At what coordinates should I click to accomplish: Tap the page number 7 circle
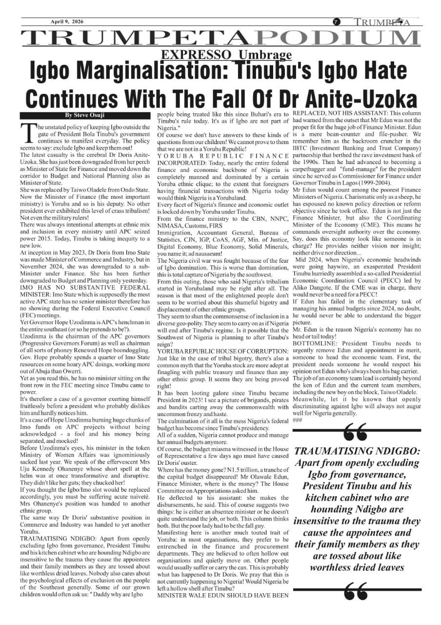(337, 22)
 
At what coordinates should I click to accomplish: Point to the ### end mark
(298, 420)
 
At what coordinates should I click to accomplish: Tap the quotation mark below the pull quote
(355, 592)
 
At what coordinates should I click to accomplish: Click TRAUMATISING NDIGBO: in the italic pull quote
(357, 452)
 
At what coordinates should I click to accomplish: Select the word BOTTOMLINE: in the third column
(312, 344)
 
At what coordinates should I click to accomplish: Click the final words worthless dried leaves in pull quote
(357, 567)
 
